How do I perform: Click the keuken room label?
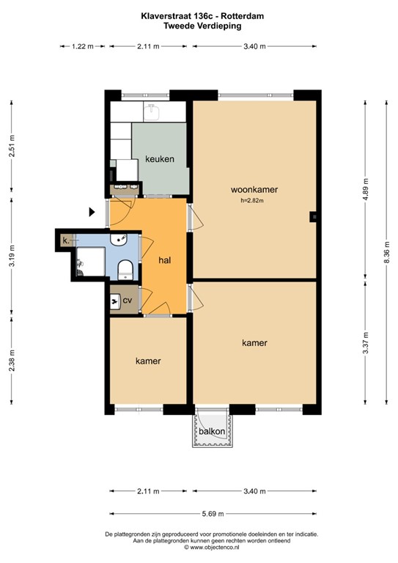pyautogui.click(x=159, y=160)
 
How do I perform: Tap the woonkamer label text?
pyautogui.click(x=254, y=189)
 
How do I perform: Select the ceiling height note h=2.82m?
pyautogui.click(x=251, y=200)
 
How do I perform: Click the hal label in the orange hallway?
pyautogui.click(x=166, y=260)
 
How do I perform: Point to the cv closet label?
pyautogui.click(x=128, y=301)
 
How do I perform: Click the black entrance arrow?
pyautogui.click(x=92, y=213)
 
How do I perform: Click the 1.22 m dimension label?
pyautogui.click(x=82, y=46)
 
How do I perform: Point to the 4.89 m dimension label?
pyautogui.click(x=366, y=188)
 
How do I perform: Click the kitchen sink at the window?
pyautogui.click(x=153, y=111)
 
